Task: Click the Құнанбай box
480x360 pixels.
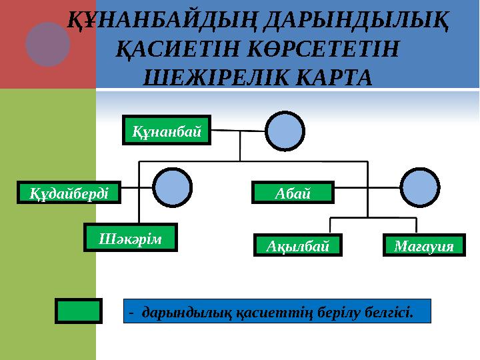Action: point(167,131)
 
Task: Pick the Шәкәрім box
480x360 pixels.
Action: point(131,237)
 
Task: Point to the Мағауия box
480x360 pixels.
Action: point(424,246)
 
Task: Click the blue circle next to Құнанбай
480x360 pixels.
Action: point(285,131)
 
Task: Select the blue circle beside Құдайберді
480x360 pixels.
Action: point(173,187)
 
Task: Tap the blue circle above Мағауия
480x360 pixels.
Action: point(420,187)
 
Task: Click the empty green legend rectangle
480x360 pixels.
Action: point(79,311)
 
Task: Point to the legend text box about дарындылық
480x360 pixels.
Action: point(279,311)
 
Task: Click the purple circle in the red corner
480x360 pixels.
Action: point(48,44)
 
